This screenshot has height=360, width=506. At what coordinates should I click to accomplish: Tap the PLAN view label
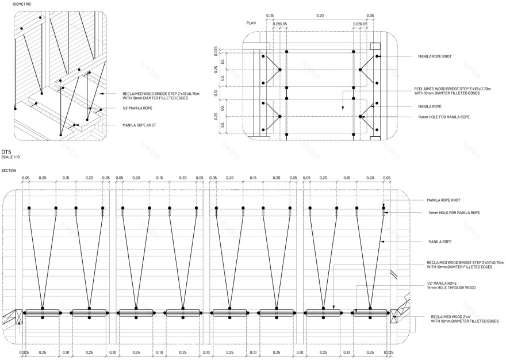coord(251,23)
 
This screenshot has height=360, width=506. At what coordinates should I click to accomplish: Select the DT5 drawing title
coord(7,152)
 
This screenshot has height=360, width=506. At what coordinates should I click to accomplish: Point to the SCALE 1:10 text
coord(10,157)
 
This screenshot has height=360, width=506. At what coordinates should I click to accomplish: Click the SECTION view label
coord(9,170)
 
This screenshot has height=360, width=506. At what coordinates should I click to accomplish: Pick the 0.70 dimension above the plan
coord(320,16)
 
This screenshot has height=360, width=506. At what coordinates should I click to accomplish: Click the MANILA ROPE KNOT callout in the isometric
coord(139,125)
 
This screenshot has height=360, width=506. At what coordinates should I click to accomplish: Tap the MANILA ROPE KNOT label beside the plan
coord(435,57)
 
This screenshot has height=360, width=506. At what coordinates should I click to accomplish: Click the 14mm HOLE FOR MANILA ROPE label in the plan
coord(444,117)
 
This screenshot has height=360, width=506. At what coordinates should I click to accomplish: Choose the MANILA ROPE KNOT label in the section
coord(443,200)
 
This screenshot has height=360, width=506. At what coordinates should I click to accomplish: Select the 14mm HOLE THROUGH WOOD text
coord(451,287)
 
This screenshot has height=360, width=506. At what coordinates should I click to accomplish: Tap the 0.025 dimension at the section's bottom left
coord(24,352)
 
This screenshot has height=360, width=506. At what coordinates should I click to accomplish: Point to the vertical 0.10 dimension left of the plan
coord(216,93)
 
